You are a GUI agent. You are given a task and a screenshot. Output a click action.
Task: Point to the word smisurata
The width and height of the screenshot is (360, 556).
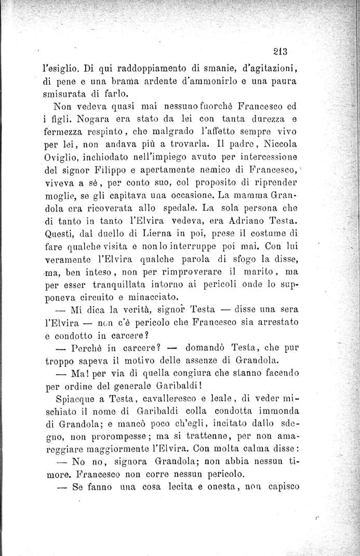61,95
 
